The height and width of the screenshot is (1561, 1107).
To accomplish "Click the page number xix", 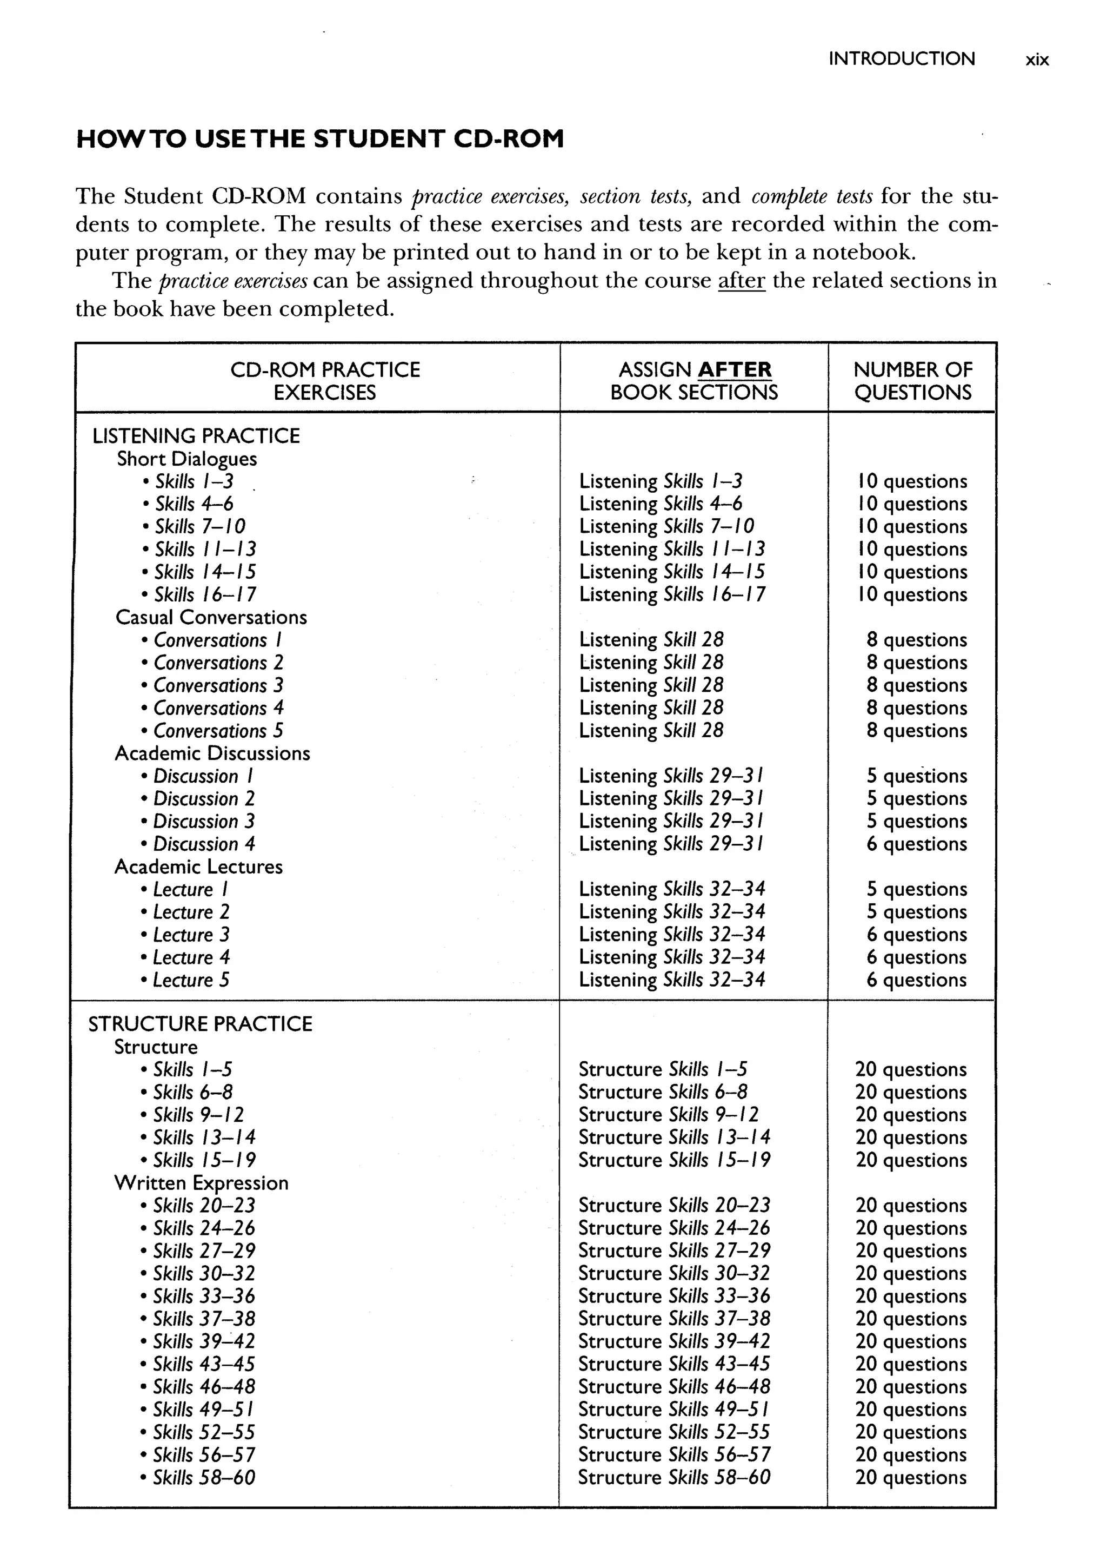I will [1036, 60].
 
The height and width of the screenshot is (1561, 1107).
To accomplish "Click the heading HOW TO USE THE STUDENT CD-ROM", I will [319, 139].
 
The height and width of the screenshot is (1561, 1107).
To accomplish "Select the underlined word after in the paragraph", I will [741, 280].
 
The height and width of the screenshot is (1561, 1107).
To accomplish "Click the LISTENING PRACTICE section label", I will [196, 436].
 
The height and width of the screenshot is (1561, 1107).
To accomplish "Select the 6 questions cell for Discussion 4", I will [916, 844].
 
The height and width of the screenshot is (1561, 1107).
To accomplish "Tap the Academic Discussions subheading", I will [212, 753].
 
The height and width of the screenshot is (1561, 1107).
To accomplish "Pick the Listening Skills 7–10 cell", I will [666, 526].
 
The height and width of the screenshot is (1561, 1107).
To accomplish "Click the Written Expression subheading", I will [201, 1182].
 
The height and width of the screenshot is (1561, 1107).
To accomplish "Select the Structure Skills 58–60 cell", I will [673, 1477].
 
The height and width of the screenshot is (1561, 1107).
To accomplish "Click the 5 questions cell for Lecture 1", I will [916, 889].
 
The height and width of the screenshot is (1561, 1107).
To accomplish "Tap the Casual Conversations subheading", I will [211, 617].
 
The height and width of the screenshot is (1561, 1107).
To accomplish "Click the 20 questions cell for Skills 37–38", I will [911, 1319].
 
